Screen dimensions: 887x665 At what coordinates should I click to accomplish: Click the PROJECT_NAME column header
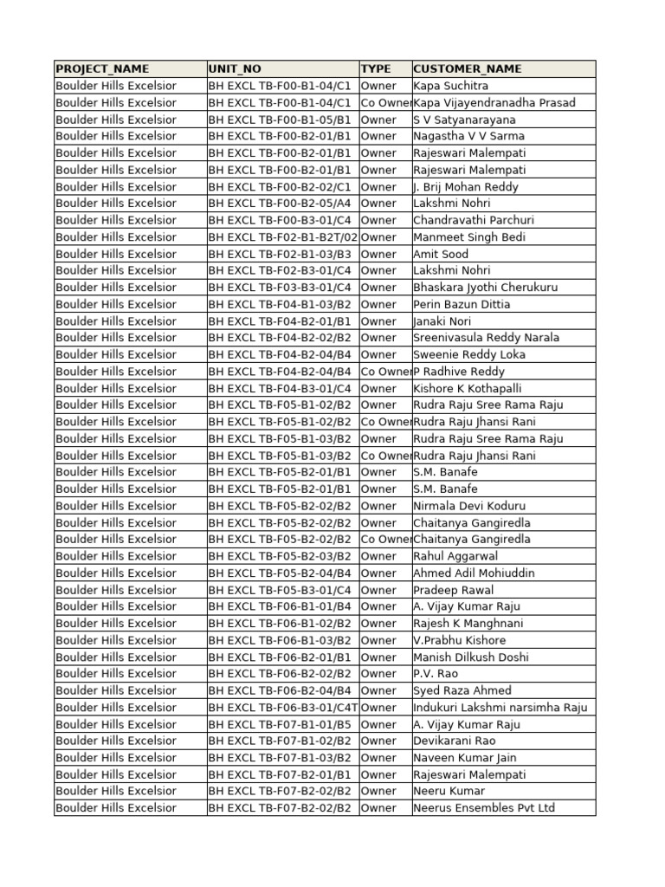[x=102, y=68]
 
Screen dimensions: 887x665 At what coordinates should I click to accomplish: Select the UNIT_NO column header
[x=235, y=68]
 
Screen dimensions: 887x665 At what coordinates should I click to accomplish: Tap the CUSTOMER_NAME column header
[x=468, y=68]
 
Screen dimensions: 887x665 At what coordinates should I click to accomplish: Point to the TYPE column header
[x=376, y=68]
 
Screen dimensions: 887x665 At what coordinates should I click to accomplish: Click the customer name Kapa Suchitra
[x=451, y=86]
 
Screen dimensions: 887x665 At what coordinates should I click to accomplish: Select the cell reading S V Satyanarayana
[x=464, y=120]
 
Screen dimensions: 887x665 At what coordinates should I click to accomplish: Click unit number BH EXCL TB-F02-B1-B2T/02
[x=282, y=237]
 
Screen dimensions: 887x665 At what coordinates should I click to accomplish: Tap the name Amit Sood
[x=441, y=254]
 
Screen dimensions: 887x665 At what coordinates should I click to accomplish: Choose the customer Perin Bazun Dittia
[x=462, y=304]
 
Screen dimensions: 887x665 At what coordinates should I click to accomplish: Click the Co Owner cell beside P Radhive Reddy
[x=385, y=372]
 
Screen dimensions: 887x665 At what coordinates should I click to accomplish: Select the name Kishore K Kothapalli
[x=468, y=388]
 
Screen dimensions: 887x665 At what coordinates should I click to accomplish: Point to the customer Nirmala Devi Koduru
[x=469, y=506]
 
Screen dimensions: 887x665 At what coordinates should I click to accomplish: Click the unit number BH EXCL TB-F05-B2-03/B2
[x=280, y=556]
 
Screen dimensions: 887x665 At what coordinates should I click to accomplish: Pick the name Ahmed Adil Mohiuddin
[x=474, y=573]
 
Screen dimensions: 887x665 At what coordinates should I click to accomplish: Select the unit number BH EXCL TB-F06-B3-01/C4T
[x=283, y=708]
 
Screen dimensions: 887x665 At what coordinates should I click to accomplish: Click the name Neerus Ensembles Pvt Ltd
[x=484, y=808]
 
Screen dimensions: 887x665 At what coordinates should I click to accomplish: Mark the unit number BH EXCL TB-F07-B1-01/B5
[x=280, y=724]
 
